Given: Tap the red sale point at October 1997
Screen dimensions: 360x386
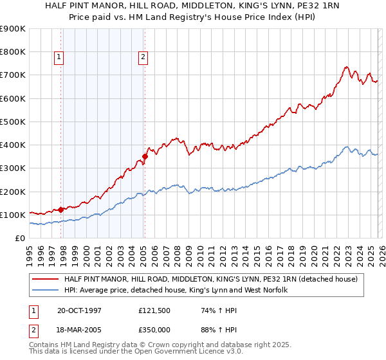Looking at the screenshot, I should [x=61, y=210].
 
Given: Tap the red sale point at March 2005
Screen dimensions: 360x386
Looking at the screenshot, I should [x=145, y=156].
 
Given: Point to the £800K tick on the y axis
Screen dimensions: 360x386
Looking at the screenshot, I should [x=13, y=52].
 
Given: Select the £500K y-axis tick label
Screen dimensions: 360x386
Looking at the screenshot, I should [x=13, y=122].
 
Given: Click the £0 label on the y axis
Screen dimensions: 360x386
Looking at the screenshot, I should [x=21, y=238].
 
